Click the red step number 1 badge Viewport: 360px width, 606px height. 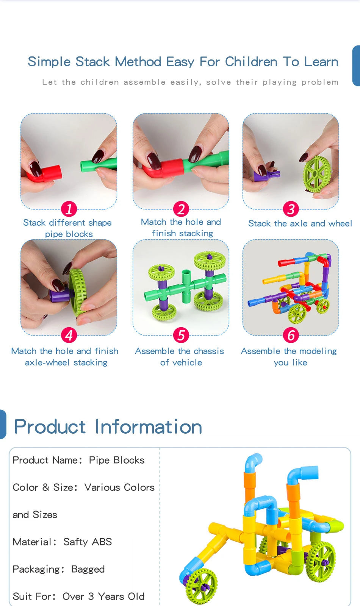pyautogui.click(x=69, y=209)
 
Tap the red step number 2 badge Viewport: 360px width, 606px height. pyautogui.click(x=181, y=209)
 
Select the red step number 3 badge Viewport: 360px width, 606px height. pyautogui.click(x=291, y=209)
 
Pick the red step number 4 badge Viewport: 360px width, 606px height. pyautogui.click(x=69, y=335)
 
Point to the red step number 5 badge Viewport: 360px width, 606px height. pyautogui.click(x=181, y=335)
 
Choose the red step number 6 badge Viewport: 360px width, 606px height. pyautogui.click(x=291, y=335)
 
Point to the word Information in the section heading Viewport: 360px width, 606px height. pyautogui.click(x=148, y=427)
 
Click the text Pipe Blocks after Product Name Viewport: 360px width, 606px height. pyautogui.click(x=117, y=460)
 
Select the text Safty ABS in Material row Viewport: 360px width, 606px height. pyautogui.click(x=88, y=542)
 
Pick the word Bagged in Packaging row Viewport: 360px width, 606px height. pyautogui.click(x=88, y=569)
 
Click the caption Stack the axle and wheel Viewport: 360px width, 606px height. pyautogui.click(x=300, y=223)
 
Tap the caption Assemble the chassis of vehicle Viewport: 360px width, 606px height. pyautogui.click(x=180, y=357)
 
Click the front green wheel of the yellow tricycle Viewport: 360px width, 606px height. pyautogui.click(x=202, y=585)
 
